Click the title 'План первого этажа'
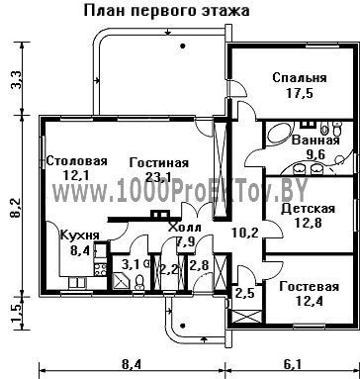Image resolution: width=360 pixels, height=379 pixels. (166, 11)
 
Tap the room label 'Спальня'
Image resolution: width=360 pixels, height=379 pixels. (300, 78)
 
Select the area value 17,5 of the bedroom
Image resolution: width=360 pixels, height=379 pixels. (300, 93)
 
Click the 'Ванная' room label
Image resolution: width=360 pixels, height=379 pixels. (315, 141)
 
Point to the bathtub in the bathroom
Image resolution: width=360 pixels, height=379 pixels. (278, 134)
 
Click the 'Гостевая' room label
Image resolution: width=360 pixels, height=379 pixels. (309, 286)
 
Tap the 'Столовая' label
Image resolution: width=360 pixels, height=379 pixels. (77, 161)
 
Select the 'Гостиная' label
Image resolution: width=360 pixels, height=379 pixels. (159, 163)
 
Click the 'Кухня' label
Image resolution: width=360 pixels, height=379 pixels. (79, 236)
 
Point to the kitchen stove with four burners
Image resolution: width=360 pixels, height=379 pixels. (101, 269)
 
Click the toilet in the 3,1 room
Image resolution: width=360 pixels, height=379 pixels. (139, 282)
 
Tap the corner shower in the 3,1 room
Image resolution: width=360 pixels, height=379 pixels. (123, 281)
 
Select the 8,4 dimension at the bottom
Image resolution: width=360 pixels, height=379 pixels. (132, 364)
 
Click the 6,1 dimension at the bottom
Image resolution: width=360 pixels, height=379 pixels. (292, 364)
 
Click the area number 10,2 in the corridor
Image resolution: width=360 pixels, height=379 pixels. (244, 233)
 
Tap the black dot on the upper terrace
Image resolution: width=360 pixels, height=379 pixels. (182, 46)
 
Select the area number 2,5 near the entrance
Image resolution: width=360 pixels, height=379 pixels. (244, 293)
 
